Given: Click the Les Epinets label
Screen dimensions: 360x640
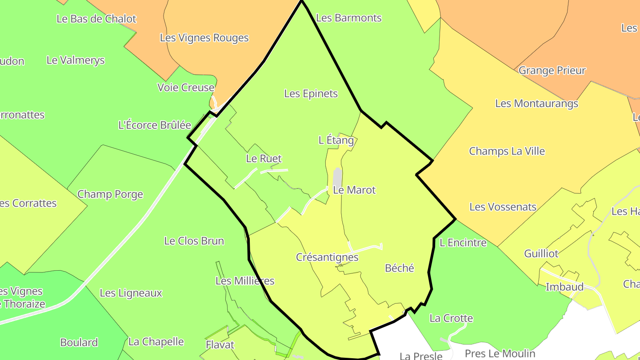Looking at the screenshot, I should [x=311, y=94].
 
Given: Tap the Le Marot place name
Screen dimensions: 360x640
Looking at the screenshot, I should [x=354, y=190].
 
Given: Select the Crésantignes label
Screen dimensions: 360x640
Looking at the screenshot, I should [x=327, y=257].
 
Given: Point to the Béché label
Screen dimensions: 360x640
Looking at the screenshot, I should [x=400, y=268].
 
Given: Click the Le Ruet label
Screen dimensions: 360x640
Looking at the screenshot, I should [x=264, y=159].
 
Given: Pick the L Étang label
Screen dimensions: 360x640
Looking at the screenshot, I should [x=336, y=140].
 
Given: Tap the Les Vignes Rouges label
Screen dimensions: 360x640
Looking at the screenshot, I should [x=204, y=38].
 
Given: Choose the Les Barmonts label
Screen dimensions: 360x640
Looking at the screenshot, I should [x=348, y=18].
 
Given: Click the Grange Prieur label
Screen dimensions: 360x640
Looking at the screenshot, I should [x=552, y=71].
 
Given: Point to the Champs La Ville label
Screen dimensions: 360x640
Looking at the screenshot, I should [x=507, y=151].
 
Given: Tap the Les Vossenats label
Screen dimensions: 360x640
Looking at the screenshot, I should [x=503, y=207].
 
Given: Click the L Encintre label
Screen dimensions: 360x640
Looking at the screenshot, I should [x=463, y=243].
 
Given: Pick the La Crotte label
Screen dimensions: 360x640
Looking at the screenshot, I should [x=451, y=318].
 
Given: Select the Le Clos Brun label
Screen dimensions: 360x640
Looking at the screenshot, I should [x=194, y=241].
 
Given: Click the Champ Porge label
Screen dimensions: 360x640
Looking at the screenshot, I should [x=110, y=194].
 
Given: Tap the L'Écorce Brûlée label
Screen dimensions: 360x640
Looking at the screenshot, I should [x=154, y=125].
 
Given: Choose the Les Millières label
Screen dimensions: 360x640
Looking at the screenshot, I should [x=245, y=281].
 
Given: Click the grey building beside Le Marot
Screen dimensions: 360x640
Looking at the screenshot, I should [x=338, y=178].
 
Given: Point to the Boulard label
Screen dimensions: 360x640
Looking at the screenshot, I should [x=79, y=343].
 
